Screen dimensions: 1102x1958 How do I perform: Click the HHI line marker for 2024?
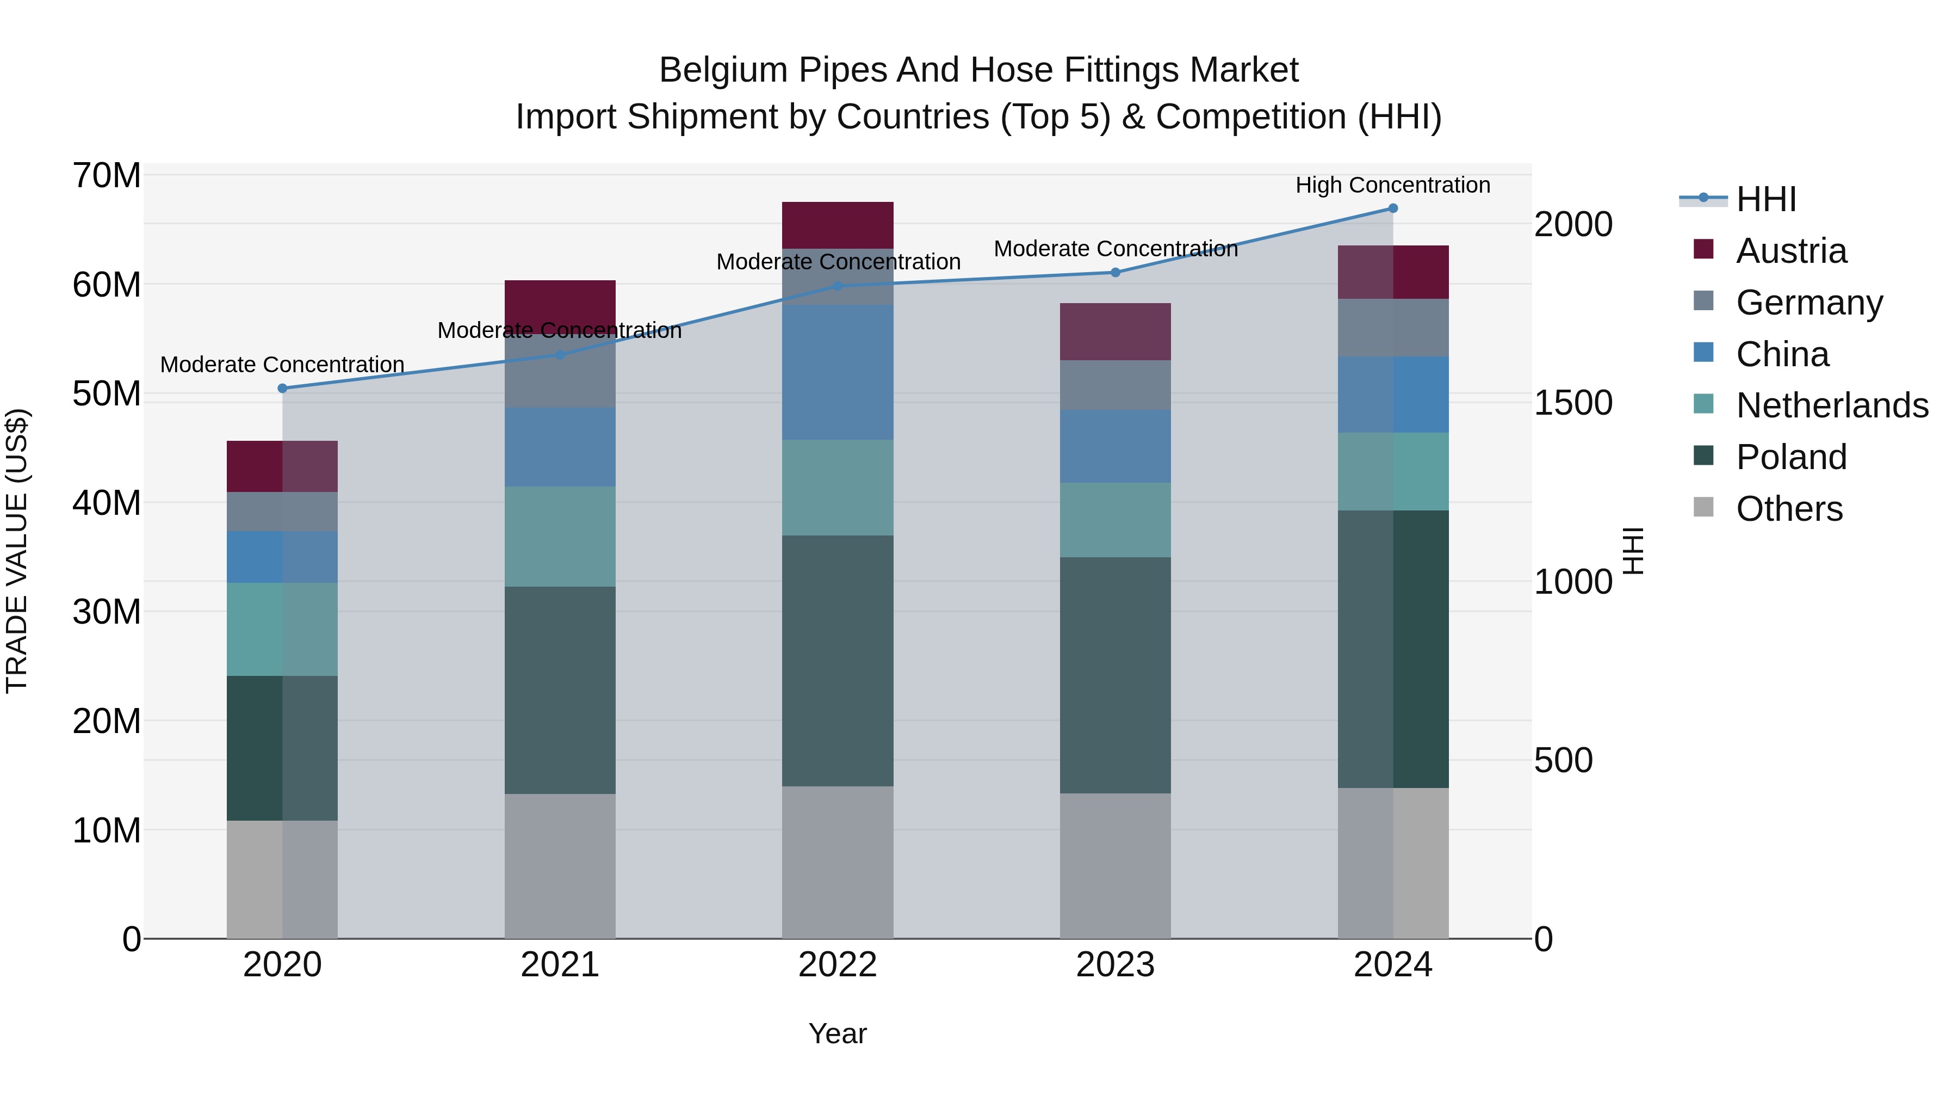(x=1392, y=208)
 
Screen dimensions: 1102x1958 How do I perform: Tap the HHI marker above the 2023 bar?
(x=1115, y=272)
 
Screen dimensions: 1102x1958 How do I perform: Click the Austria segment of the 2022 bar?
(x=838, y=225)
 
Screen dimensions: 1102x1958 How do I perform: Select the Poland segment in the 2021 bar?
(x=560, y=690)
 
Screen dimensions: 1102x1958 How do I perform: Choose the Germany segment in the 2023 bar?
(x=1115, y=385)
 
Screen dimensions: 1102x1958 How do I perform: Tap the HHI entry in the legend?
(x=1765, y=199)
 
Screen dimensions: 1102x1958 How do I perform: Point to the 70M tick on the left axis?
(x=107, y=176)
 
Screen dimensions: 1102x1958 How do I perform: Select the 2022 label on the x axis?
(x=838, y=965)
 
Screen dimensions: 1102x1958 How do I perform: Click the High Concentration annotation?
(x=1392, y=185)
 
